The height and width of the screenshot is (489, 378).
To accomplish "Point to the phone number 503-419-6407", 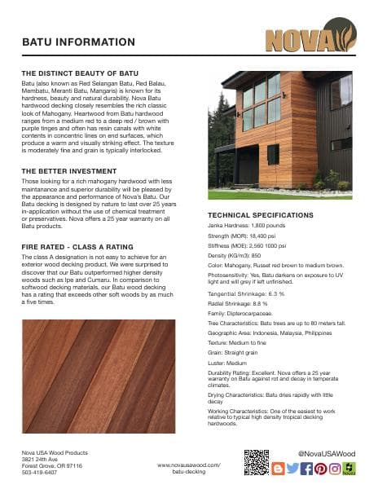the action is pyautogui.click(x=39, y=472).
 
